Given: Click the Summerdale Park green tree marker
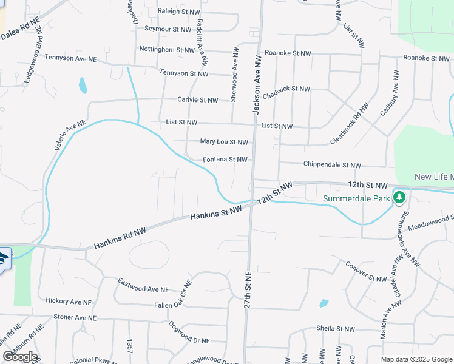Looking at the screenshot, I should pos(399,197).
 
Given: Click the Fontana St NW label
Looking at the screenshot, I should pos(225,160).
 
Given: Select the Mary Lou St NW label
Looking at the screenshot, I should pos(224,142).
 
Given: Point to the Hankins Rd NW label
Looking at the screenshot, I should pos(120,238).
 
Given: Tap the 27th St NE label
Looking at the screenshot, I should pos(248,288).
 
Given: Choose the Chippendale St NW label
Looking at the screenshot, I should pos(332,165).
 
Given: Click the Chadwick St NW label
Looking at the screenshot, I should pos(286,89).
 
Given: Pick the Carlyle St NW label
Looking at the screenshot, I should pos(197,100).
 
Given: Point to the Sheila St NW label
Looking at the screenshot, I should pos(335,329).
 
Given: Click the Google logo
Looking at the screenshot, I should pos(20,357).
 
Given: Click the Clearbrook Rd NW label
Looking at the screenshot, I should pos(350,123).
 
